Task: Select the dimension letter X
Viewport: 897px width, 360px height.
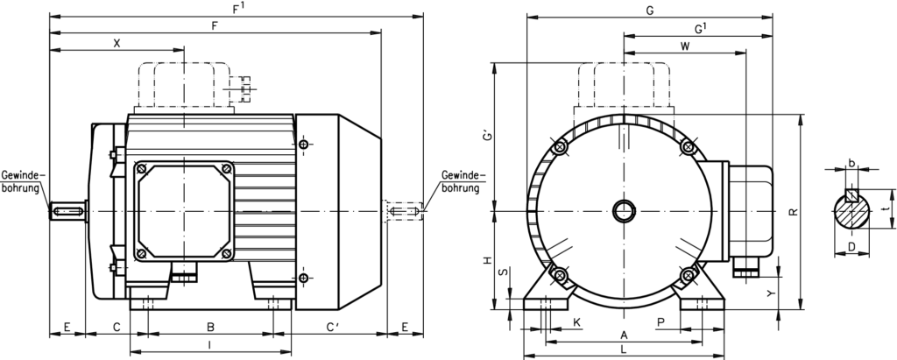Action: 117,42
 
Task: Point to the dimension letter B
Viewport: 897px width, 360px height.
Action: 210,327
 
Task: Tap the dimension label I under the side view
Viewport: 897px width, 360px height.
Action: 210,345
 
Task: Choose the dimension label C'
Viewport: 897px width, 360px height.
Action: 334,327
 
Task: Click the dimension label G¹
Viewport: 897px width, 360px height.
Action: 701,29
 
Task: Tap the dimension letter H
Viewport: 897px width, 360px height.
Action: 486,260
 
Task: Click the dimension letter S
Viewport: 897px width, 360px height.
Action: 501,273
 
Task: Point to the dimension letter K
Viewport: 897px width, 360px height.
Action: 576,322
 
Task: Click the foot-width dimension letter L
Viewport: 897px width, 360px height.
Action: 623,349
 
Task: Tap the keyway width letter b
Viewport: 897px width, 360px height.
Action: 851,162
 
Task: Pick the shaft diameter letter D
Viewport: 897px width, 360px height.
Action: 851,248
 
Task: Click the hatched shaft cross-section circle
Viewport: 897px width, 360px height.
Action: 851,212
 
